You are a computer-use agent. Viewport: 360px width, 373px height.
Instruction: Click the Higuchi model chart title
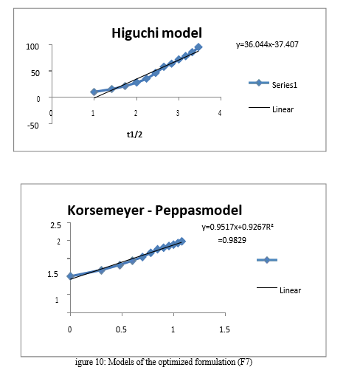157,33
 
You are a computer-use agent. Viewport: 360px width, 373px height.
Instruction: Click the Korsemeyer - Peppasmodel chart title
155,211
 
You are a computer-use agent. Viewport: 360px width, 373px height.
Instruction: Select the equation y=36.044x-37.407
267,44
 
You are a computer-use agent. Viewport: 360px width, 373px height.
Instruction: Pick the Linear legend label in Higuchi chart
283,109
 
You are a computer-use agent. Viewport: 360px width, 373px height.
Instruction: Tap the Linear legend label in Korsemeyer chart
290,290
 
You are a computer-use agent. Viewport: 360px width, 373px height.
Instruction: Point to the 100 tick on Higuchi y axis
32,47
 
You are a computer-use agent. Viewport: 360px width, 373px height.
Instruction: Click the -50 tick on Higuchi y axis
33,126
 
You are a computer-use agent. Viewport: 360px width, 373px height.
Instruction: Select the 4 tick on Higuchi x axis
220,113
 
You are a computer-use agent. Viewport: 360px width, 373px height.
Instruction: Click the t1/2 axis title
134,134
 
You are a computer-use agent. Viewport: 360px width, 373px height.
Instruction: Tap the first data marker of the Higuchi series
94,92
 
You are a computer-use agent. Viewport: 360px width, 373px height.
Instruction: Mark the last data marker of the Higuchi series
198,47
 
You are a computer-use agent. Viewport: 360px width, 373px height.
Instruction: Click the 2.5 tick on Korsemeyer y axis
55,225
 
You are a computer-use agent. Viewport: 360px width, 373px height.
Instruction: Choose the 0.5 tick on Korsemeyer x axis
121,329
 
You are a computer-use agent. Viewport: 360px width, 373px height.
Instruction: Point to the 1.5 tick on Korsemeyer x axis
224,329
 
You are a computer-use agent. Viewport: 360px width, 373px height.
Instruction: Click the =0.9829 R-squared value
232,240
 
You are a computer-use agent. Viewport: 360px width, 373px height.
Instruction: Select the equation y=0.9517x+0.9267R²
238,227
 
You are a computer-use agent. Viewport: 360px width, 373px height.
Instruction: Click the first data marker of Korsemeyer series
70,276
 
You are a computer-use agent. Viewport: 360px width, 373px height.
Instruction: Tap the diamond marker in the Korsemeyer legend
267,260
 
